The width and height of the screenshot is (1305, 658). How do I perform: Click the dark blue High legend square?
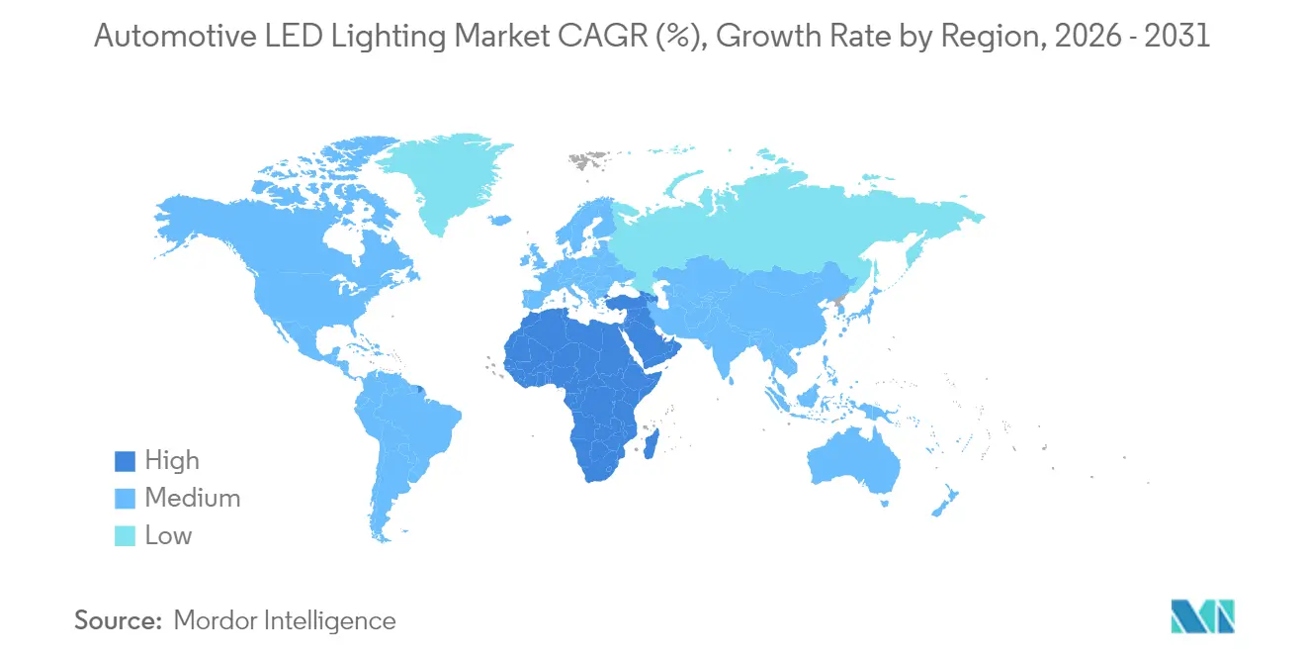click(126, 461)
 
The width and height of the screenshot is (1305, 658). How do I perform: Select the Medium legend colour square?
click(126, 499)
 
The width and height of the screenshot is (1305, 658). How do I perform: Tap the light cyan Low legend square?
click(126, 536)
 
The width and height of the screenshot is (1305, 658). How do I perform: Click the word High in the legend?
click(172, 461)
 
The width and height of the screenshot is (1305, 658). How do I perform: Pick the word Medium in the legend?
click(192, 499)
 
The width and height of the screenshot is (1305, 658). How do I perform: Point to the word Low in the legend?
click(168, 536)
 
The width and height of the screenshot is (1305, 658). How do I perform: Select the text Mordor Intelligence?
click(285, 620)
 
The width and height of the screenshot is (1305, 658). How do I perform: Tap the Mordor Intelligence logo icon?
click(1202, 616)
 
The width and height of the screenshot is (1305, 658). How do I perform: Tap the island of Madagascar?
click(652, 439)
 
